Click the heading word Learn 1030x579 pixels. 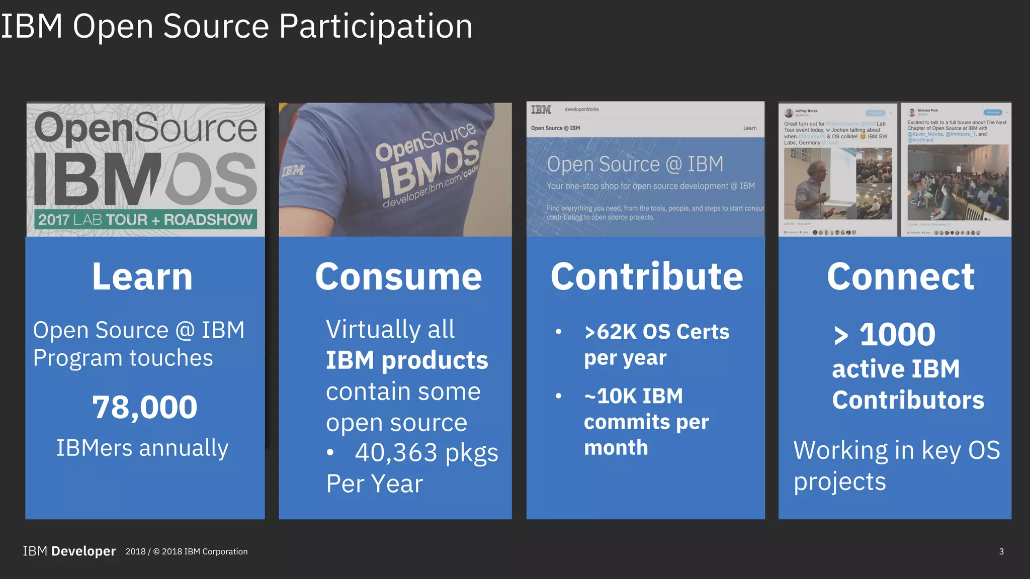[142, 277]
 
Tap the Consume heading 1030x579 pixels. [398, 277]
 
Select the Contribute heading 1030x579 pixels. [647, 277]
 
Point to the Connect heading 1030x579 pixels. [901, 277]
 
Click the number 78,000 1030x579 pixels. [145, 407]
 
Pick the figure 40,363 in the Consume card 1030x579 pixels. [396, 452]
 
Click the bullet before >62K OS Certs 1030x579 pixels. [558, 332]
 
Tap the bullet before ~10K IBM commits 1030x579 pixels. [558, 396]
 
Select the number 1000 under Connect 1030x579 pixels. [897, 334]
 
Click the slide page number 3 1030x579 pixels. [1001, 552]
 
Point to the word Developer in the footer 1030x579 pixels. [83, 551]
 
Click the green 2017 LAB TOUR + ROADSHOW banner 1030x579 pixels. [145, 220]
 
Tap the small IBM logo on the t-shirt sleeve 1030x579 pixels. [293, 171]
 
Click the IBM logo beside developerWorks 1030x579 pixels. [541, 110]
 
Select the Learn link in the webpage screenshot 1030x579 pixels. [750, 128]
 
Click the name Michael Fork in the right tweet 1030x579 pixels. [927, 110]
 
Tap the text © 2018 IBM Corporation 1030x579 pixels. [200, 552]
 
